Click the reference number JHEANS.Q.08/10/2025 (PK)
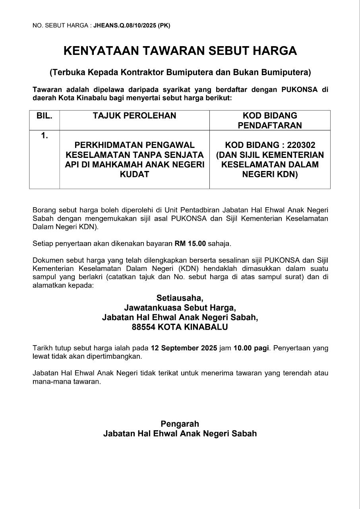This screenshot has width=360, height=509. tap(132, 25)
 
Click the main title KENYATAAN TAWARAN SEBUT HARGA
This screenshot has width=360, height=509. tap(180, 51)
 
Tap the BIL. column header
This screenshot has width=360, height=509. tap(44, 116)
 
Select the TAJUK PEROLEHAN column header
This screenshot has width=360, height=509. tap(134, 116)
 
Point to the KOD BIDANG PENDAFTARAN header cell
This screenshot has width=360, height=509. tap(270, 120)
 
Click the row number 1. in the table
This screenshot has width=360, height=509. tap(44, 136)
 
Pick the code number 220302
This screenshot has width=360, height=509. tap(301, 145)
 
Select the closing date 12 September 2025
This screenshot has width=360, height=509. tap(184, 348)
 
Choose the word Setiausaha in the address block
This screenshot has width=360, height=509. tap(180, 298)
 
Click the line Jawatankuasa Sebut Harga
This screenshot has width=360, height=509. tap(180, 308)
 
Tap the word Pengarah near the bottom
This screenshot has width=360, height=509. tap(180, 424)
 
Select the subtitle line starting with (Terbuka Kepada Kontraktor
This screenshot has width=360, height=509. tap(180, 72)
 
